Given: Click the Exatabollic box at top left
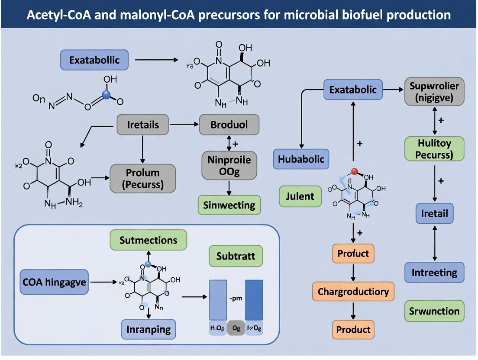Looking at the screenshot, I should click(94, 60).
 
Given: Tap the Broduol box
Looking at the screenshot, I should click(229, 125).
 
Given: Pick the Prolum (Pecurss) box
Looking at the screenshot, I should click(143, 178).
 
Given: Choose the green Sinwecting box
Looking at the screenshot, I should click(229, 205).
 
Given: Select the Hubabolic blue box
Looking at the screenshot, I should click(301, 158).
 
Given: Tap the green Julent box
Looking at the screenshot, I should click(300, 196).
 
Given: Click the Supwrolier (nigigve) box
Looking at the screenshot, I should click(434, 92).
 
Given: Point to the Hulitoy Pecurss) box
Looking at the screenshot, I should click(434, 148).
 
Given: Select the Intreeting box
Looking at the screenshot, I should click(434, 273).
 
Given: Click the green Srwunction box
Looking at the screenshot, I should click(434, 311).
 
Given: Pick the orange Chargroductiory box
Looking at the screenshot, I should click(353, 291).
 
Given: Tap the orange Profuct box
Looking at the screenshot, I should click(353, 253).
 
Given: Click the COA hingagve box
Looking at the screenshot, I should click(54, 283).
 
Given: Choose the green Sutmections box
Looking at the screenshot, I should click(148, 240).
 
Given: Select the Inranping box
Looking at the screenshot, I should click(149, 329).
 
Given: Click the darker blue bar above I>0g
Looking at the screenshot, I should click(254, 299).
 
